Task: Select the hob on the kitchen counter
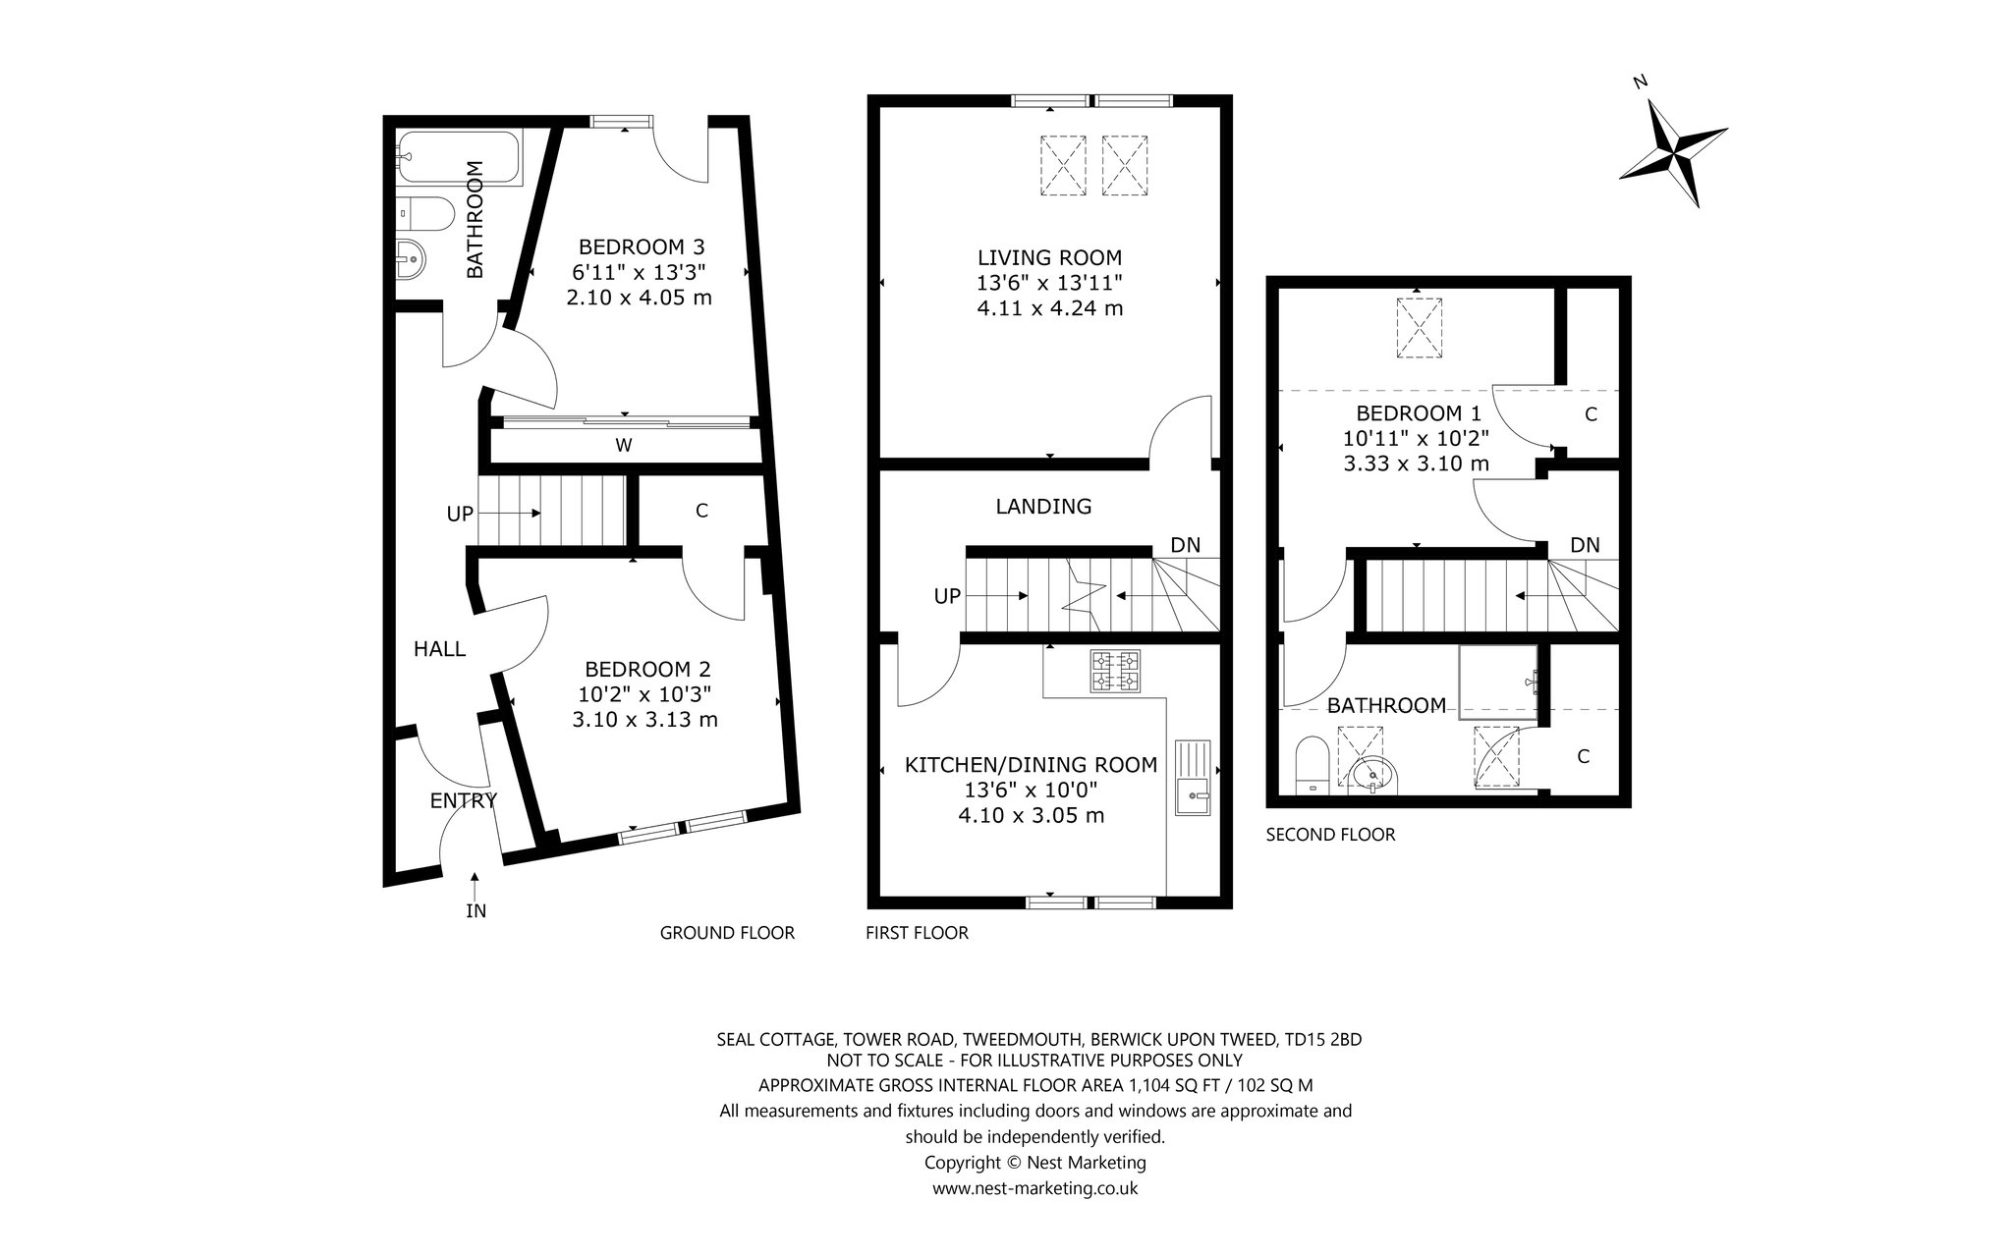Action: coord(1114,671)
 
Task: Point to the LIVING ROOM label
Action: coord(1049,258)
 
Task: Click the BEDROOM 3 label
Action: coord(641,246)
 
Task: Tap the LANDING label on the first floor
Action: coord(1043,507)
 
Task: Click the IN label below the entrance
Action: coord(475,911)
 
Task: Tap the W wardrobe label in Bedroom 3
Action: coord(623,446)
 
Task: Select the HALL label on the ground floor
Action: coord(439,648)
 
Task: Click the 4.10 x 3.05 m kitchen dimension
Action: coord(1032,815)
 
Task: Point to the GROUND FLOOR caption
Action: coord(727,933)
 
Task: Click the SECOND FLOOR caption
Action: coord(1330,835)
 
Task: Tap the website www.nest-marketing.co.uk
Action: coord(1035,1188)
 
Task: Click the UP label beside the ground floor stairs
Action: coord(460,514)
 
